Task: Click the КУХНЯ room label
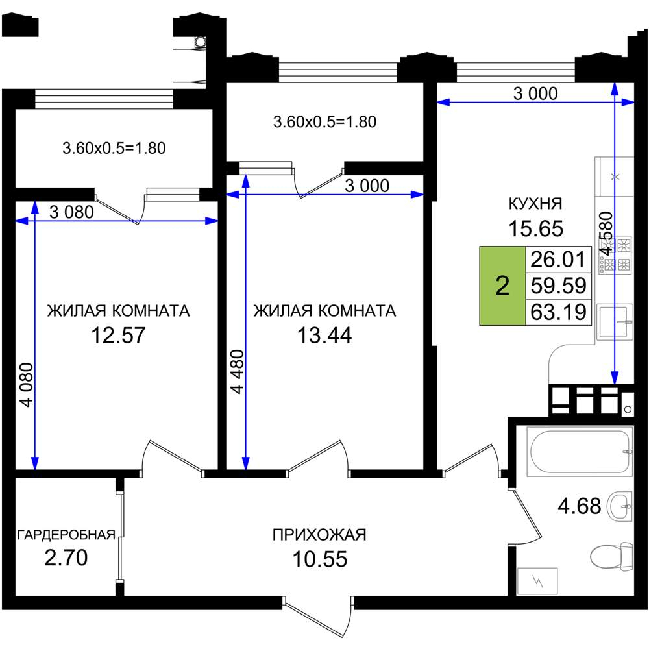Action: coord(535,204)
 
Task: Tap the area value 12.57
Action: coord(118,336)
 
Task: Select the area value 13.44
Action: coord(324,336)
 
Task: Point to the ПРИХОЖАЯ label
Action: coord(319,535)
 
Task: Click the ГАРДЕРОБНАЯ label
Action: coord(66,535)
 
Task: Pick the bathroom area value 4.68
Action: coord(579,506)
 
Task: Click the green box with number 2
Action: coord(502,286)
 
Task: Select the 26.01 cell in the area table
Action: coord(558,260)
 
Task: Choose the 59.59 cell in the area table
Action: coord(558,286)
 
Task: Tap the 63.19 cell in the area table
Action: coord(558,312)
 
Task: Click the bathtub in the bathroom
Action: coord(579,451)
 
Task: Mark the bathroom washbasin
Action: coord(620,506)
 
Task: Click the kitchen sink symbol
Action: coord(615,322)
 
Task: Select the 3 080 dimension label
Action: coord(71,212)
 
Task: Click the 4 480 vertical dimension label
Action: coord(238,371)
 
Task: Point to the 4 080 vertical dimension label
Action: coord(26,384)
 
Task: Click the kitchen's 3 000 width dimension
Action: coord(535,93)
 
